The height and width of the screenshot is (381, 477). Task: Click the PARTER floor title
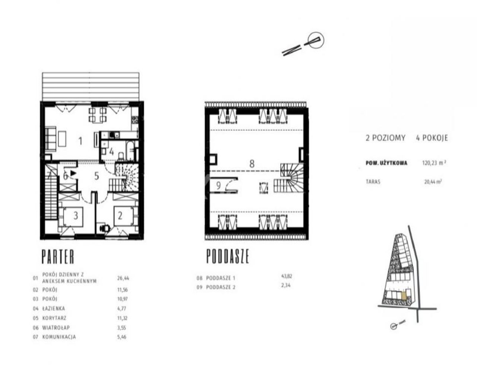58,256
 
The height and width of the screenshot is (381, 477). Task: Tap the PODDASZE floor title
228,256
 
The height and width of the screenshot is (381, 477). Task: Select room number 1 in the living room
80,141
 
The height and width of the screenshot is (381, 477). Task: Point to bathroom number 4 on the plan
111,152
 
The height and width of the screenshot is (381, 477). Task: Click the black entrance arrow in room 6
73,173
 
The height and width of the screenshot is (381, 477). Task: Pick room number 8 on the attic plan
252,164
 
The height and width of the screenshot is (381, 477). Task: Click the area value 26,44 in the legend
123,278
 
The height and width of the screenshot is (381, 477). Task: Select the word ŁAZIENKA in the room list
53,308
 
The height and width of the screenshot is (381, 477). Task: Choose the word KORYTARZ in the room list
54,318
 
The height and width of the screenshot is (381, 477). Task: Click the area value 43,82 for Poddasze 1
286,276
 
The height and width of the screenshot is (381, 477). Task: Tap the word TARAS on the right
373,182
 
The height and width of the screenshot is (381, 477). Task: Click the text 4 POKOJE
432,138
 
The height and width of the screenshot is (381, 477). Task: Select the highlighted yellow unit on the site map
404,296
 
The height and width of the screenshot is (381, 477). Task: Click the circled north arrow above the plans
316,40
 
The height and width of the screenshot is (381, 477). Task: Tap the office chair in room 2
105,228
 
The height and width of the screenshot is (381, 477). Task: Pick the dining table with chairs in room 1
98,115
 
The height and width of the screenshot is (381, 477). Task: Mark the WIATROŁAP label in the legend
56,328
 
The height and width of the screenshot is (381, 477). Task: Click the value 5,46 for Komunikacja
122,337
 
